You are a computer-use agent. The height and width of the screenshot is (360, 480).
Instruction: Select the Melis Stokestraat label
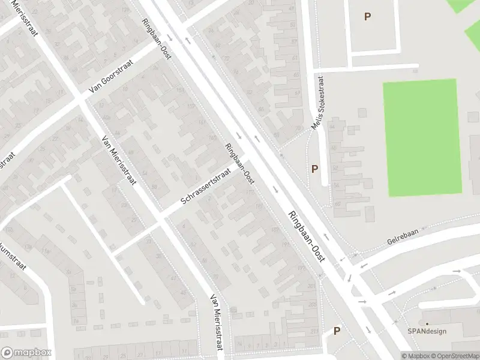pos(318,103)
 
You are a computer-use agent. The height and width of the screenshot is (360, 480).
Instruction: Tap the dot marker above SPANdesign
pos(427,324)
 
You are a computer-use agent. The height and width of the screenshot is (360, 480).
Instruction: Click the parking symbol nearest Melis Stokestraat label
pos(314,169)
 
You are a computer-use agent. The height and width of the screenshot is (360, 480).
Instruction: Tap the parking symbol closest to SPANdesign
pos(337,331)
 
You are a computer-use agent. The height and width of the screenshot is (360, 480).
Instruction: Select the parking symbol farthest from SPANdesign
pos(367,17)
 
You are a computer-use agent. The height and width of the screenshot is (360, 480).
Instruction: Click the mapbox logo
pos(26,353)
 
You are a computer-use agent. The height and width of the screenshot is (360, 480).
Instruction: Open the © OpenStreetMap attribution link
pos(454,356)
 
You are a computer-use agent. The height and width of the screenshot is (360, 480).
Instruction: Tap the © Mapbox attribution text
pos(415,356)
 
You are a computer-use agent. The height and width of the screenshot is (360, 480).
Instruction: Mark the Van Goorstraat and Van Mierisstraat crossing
pos(80,100)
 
